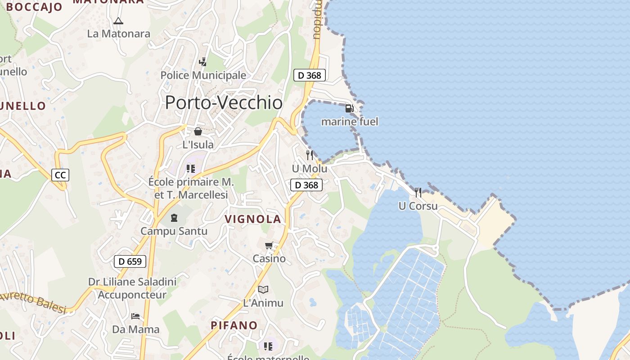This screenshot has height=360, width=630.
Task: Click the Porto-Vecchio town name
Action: [224, 103]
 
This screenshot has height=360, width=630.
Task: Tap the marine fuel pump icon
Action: [349, 108]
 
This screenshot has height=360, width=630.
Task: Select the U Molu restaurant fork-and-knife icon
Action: [310, 155]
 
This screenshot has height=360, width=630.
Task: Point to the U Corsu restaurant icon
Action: [418, 193]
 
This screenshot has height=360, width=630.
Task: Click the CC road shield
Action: [60, 175]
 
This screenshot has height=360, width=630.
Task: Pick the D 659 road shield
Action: [130, 261]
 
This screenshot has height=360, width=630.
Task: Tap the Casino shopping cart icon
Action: [269, 245]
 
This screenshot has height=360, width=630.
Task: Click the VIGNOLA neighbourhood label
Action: [253, 219]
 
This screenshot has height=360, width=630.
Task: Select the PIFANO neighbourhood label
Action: [234, 325]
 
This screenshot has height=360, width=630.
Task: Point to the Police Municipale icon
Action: [203, 62]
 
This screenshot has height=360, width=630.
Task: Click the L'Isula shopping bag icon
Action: [198, 131]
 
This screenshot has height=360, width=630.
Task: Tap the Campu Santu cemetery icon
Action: [174, 218]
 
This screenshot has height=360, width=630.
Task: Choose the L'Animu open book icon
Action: [263, 289]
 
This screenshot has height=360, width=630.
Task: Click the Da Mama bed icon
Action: [135, 316]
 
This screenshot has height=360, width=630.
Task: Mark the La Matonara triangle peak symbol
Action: [118, 21]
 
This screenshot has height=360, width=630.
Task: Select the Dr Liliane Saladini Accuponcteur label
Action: [132, 288]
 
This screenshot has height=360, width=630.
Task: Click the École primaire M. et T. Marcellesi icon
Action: [191, 169]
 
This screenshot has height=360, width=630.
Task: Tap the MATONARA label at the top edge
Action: [108, 2]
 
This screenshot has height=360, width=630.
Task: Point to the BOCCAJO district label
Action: [34, 7]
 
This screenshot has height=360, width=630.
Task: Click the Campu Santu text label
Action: [174, 231]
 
